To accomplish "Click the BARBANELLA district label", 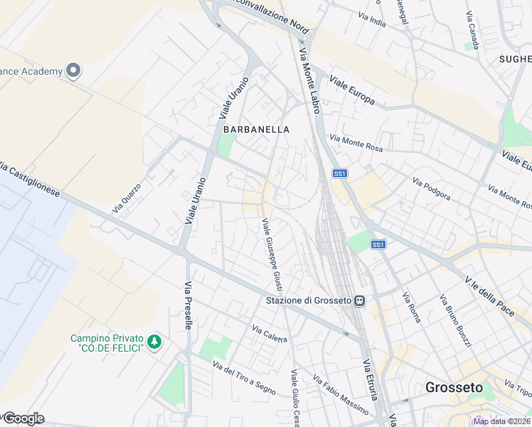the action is [257, 130].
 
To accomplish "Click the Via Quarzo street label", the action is [127, 199].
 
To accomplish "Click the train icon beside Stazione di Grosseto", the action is [360, 301].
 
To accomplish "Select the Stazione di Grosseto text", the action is [309, 301].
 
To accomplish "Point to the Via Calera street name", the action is [270, 332].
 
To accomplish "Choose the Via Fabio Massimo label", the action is [341, 396].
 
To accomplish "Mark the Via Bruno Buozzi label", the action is [455, 320].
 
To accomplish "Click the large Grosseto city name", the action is [453, 388].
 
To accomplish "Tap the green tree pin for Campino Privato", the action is [154, 342].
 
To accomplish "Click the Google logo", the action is [23, 418].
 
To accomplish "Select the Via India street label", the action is [372, 20].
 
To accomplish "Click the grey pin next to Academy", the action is [73, 70].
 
